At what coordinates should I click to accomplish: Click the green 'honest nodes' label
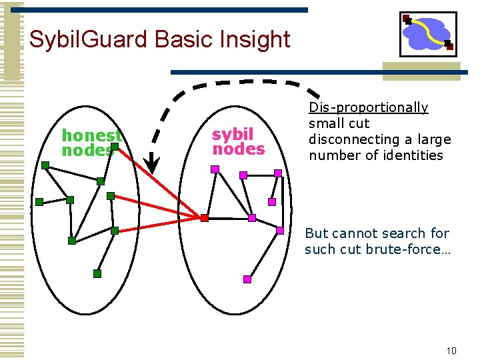pyautogui.click(x=91, y=143)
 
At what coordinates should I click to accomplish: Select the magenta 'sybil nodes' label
pyautogui.click(x=238, y=141)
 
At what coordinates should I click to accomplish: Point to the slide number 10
pyautogui.click(x=451, y=351)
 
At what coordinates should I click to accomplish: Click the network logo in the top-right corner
pyautogui.click(x=427, y=33)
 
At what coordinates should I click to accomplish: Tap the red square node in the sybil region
pyautogui.click(x=205, y=218)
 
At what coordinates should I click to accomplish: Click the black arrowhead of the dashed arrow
pyautogui.click(x=153, y=163)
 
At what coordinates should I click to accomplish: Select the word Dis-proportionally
pyautogui.click(x=368, y=107)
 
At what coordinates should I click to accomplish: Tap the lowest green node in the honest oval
pyautogui.click(x=97, y=273)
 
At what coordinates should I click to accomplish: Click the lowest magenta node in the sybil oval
pyautogui.click(x=247, y=279)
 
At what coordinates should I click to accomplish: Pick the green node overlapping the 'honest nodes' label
pyautogui.click(x=115, y=146)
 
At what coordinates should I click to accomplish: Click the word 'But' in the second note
pyautogui.click(x=317, y=233)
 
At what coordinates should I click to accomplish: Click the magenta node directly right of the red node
pyautogui.click(x=252, y=218)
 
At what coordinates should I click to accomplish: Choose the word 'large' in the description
pyautogui.click(x=433, y=139)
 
